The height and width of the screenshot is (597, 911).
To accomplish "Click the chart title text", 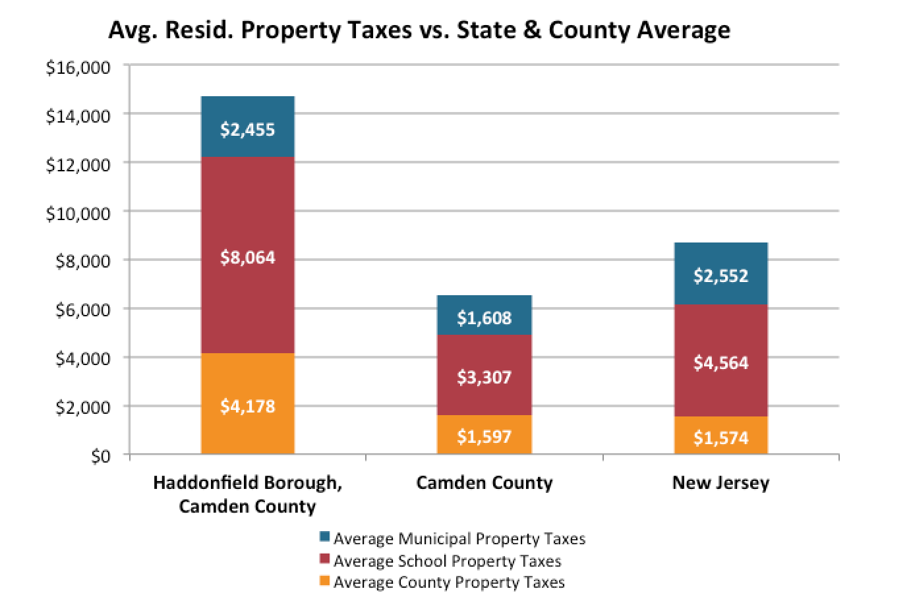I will point(419,30).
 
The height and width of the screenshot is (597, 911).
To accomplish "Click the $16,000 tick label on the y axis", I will point(78,68).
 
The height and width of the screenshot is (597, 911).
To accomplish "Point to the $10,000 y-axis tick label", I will point(78,213).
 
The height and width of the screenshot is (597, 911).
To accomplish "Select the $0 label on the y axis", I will point(100,456).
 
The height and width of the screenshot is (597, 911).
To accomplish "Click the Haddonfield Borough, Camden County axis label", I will point(247,494).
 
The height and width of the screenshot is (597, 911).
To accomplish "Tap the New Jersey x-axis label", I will point(720,483).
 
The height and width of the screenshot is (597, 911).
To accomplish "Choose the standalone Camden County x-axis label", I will point(484,483).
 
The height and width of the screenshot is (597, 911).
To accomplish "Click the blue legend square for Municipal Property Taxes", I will point(324,537).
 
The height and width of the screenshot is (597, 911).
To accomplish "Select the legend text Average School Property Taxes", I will point(447,561).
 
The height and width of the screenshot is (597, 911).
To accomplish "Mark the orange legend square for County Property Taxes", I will point(324,581).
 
